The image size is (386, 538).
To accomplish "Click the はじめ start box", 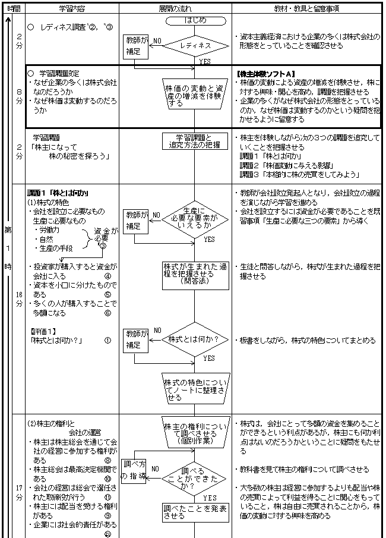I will pos(195,20).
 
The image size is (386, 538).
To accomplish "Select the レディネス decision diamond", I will pos(195,45).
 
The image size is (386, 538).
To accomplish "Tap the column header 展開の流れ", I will pos(175,8).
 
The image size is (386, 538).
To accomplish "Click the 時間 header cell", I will pos(14,8).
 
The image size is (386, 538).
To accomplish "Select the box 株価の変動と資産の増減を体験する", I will pos(195,95).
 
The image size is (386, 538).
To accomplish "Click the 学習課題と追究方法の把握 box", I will pos(195,140).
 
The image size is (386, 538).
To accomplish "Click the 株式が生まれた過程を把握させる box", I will pos(195,274).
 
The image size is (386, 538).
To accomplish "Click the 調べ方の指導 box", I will pos(134,470).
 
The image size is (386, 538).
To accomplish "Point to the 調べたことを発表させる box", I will pos(195,512).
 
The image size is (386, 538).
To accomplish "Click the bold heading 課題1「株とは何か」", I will pos(58,193).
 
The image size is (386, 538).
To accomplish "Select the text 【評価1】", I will pos(43,330).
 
